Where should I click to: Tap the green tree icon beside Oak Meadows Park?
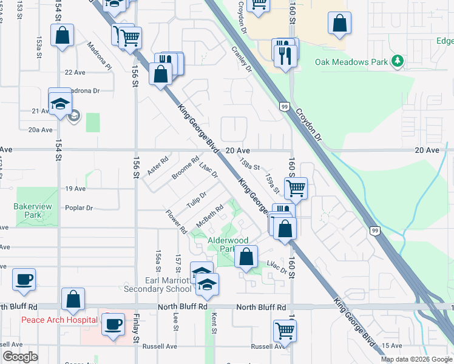[398, 61]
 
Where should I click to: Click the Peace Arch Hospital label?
[59, 320]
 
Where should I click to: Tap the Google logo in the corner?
[19, 357]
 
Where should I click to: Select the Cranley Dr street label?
[241, 61]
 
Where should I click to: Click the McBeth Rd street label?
[210, 216]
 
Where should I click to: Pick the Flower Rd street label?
[177, 222]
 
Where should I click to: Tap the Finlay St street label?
[137, 331]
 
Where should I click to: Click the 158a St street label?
[249, 165]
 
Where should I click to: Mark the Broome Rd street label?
[185, 169]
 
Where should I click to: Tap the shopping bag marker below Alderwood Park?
[246, 257]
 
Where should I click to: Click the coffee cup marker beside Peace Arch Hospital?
[113, 324]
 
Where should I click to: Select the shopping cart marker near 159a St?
[296, 188]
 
